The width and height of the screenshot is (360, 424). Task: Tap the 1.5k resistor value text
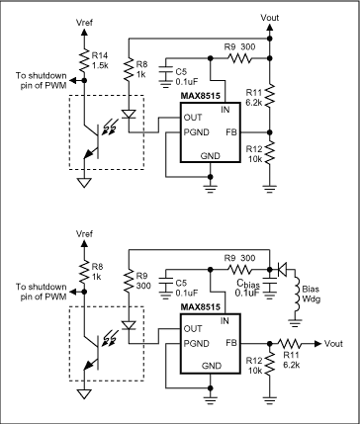click(x=101, y=67)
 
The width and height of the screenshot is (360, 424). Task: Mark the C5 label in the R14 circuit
click(x=181, y=71)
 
